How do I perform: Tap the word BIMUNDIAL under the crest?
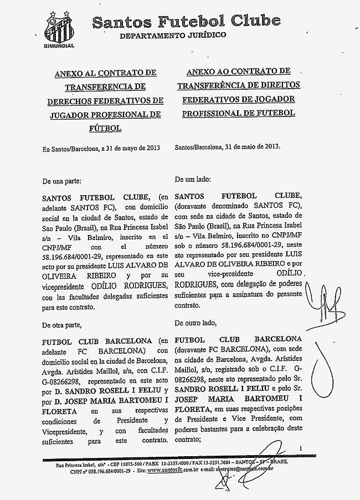(x=58, y=45)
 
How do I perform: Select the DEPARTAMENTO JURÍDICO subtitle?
(x=173, y=35)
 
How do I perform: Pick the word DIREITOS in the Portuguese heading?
(x=277, y=85)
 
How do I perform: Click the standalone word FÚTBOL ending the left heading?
(x=105, y=128)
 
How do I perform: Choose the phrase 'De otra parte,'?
(x=61, y=324)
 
